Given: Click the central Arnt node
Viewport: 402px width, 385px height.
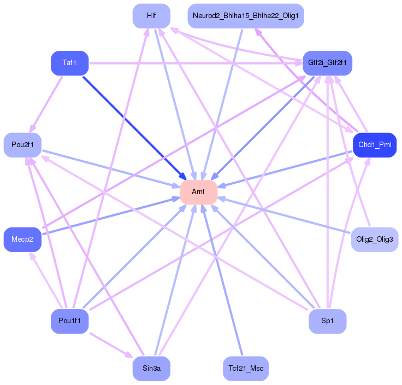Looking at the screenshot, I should coord(199,192).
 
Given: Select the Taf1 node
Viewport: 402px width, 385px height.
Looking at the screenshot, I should coord(69,63).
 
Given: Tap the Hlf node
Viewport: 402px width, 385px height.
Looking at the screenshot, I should coord(151,16).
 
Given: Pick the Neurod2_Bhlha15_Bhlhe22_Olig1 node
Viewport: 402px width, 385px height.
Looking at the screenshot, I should coord(245,16).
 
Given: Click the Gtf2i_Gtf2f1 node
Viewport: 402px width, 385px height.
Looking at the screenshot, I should coord(327,63).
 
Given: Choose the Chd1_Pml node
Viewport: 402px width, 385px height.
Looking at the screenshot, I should coord(374,145).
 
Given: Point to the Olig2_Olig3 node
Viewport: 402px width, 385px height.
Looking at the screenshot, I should coord(374,240).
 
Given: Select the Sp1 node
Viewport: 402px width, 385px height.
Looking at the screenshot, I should coord(327,321).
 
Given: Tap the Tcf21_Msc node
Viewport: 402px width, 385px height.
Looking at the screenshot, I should coord(245,369).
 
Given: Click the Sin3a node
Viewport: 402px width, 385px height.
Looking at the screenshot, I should coord(151,369).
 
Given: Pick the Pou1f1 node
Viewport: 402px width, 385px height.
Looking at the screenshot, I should coord(69,321).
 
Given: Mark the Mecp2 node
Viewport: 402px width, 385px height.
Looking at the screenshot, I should coord(22,240).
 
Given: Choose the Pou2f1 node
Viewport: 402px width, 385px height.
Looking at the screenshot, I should coord(22,145).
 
